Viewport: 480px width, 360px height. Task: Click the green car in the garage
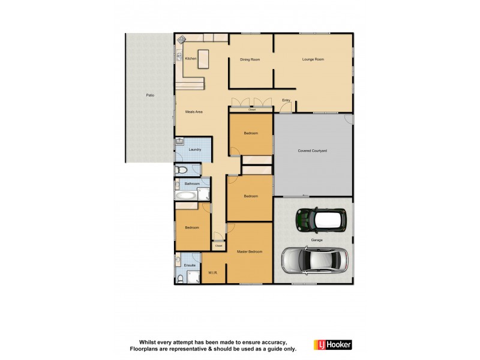[x=318, y=219]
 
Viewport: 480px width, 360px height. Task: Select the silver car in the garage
[x=314, y=259]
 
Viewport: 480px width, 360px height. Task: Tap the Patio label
[x=150, y=95]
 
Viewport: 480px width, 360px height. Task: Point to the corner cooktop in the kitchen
[x=181, y=40]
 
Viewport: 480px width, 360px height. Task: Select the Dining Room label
[x=250, y=59]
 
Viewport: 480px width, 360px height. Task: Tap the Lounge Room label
[x=313, y=59]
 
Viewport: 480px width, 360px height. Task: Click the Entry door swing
[x=287, y=107]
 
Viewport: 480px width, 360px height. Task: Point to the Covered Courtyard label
[x=312, y=151]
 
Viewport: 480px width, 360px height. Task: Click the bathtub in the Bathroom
[x=186, y=195]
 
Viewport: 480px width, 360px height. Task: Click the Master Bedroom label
[x=250, y=251]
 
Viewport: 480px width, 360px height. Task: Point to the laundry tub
[x=180, y=143]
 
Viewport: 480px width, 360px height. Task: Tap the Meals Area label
[x=193, y=112]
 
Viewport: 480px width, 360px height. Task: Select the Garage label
[x=317, y=240]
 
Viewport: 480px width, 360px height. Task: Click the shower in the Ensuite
[x=193, y=277]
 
